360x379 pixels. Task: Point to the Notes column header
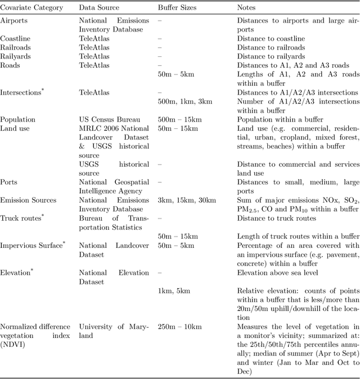(247, 8)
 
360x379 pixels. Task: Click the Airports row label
(14, 21)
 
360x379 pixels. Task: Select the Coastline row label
(15, 38)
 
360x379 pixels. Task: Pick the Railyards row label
(16, 56)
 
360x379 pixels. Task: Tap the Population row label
(17, 119)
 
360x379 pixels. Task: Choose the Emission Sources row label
(28, 200)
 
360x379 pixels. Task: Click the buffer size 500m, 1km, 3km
(185, 101)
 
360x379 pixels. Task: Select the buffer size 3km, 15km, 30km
(187, 200)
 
